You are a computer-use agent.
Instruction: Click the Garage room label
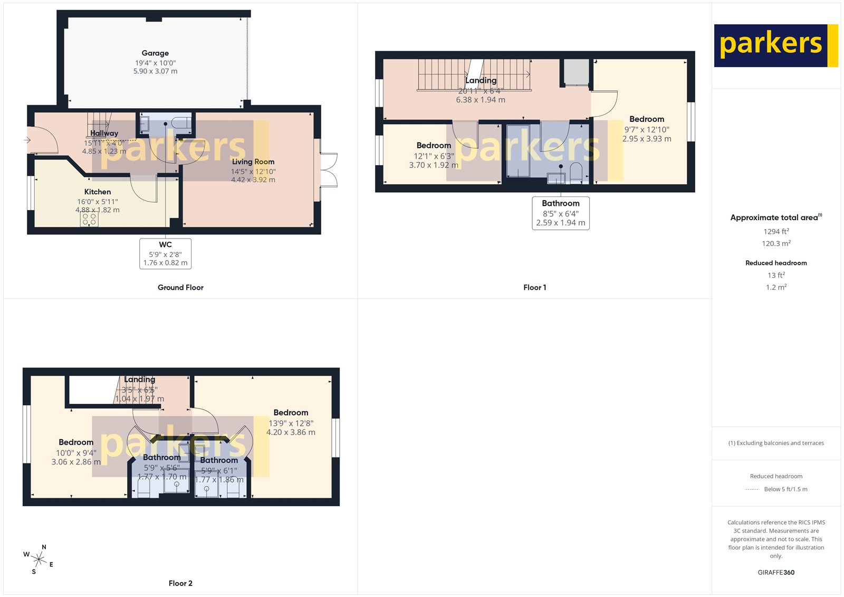pos(155,53)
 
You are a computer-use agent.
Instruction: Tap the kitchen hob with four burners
pos(89,220)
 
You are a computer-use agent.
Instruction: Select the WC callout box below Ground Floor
pos(165,253)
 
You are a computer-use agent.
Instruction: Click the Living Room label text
pos(253,162)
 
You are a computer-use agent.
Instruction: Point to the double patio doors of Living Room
pos(329,170)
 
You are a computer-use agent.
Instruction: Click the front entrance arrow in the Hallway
pos(27,140)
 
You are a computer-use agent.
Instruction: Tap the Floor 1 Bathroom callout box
pos(560,213)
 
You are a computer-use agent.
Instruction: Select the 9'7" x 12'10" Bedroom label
pos(647,119)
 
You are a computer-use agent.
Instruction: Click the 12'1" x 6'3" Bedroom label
pos(434,146)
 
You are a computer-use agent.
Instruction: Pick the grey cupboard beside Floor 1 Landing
pos(576,72)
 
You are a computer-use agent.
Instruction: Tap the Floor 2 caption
pos(180,583)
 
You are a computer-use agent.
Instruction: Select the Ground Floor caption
pos(180,288)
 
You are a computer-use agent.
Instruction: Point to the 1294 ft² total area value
pos(776,232)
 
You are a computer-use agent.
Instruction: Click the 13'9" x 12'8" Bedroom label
pos(291,413)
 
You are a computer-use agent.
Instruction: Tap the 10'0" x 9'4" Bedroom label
pos(76,442)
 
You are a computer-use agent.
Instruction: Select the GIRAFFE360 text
pos(776,572)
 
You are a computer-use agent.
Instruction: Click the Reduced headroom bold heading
pos(776,263)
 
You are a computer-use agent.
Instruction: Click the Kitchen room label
pos(98,192)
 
